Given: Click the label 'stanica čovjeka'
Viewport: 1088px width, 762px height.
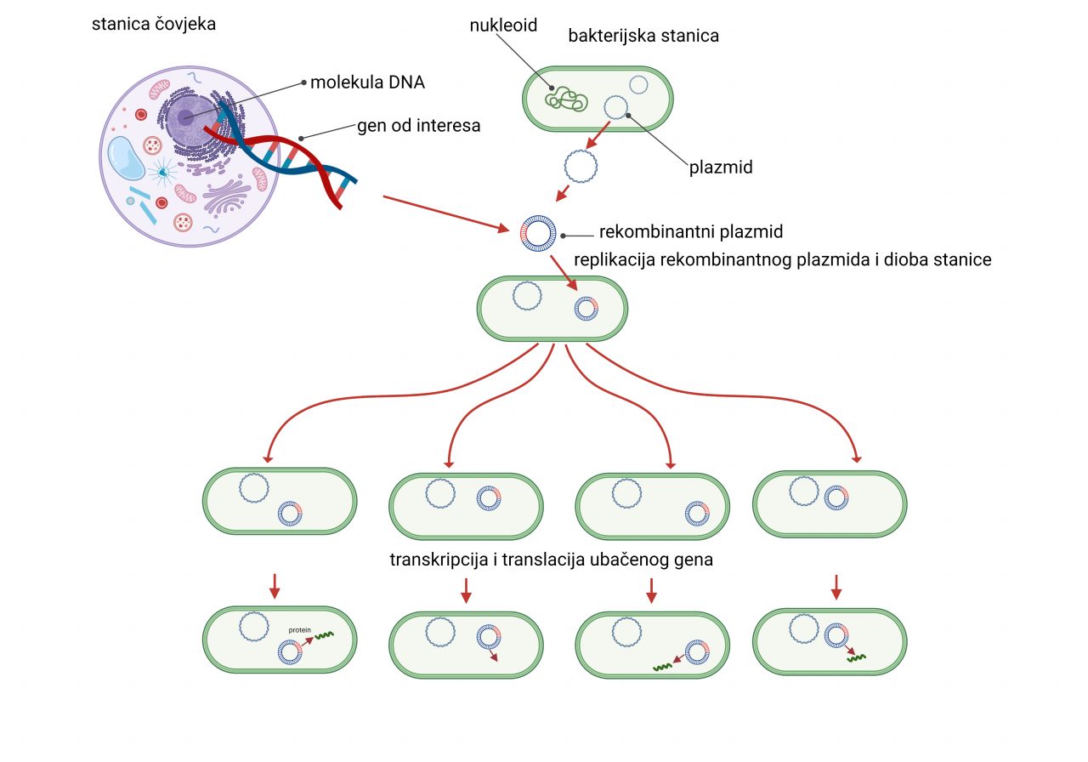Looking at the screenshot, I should (154, 24).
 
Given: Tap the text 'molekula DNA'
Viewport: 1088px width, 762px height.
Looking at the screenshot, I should (367, 82).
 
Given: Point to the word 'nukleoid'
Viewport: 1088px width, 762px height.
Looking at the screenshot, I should (503, 26).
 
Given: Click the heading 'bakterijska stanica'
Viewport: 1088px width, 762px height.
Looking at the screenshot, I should (643, 36).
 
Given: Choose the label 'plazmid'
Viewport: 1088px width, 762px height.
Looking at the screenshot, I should (721, 167).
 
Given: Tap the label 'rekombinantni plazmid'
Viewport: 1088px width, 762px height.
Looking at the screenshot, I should (690, 231).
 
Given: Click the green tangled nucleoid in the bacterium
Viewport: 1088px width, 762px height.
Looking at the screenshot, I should (566, 98).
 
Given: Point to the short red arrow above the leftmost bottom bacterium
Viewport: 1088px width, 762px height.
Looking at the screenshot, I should (273, 584).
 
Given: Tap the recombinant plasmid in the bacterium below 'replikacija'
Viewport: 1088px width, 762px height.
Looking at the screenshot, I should (586, 308).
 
